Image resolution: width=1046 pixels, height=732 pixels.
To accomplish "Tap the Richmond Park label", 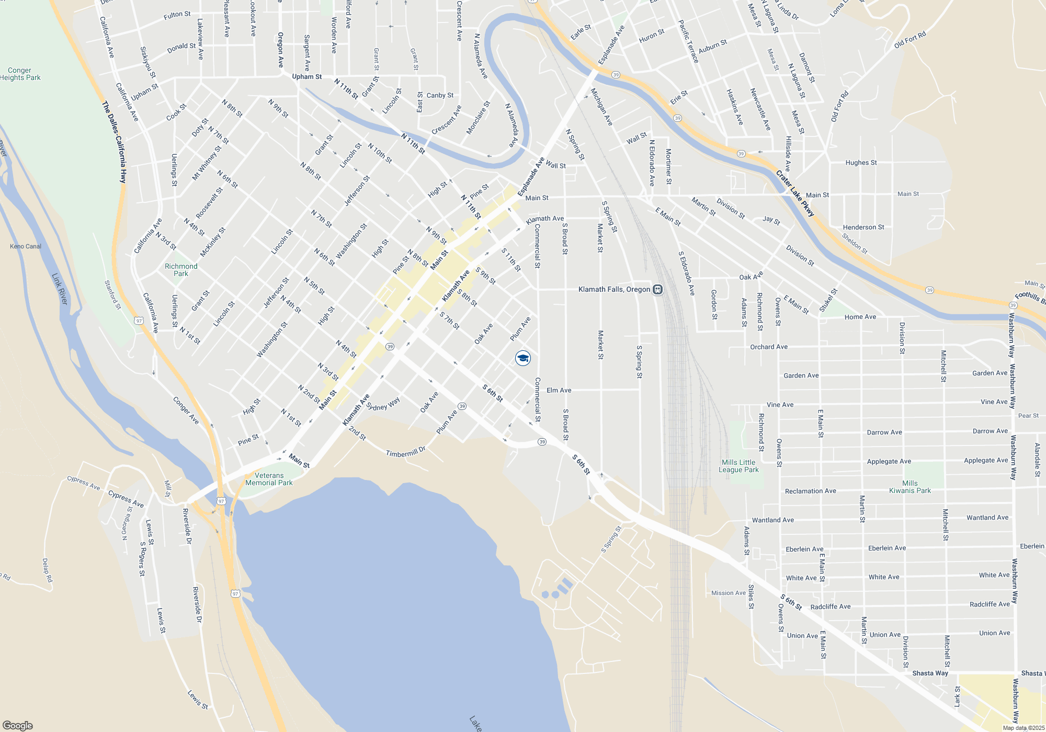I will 181,270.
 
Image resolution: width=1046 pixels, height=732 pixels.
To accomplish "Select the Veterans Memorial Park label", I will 269,479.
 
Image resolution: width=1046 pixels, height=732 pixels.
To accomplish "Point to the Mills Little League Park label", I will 738,466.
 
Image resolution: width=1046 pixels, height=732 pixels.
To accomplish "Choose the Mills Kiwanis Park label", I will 910,487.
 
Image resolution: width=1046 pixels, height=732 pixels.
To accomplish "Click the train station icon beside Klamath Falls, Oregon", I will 658,289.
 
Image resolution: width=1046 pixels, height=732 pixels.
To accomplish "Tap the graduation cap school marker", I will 523,358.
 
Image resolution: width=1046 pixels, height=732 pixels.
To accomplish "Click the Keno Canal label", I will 26,246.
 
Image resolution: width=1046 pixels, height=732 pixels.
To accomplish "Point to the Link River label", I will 60,289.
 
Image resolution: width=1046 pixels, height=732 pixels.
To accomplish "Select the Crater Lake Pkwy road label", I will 795,193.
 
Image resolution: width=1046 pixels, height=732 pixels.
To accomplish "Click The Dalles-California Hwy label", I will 115,142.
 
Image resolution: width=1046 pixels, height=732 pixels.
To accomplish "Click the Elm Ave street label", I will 559,390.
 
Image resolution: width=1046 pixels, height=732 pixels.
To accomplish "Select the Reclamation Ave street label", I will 810,491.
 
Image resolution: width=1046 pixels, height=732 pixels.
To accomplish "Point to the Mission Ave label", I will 729,593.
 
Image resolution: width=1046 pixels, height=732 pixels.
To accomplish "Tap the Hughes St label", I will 861,163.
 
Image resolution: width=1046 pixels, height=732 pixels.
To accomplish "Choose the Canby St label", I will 440,95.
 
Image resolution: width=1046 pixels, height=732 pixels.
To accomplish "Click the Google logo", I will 17,726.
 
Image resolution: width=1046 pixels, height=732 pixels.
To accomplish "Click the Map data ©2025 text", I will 1024,728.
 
